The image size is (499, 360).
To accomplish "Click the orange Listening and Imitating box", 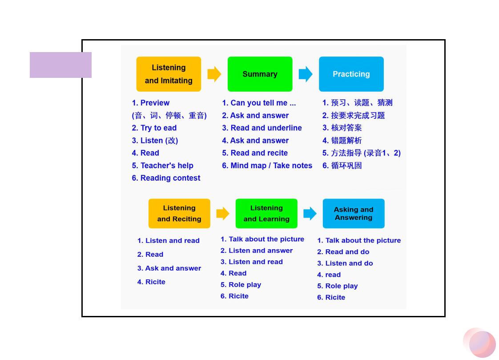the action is [x=169, y=74].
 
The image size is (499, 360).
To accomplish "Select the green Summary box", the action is [x=260, y=74].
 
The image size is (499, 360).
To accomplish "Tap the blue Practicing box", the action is [x=351, y=74].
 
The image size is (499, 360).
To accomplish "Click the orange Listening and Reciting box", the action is [x=179, y=214].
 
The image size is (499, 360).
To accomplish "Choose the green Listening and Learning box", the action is [x=266, y=214].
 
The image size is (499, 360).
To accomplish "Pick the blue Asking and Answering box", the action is [x=354, y=214].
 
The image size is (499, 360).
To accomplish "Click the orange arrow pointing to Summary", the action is [x=214, y=74].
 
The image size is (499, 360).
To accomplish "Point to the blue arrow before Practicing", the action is [x=306, y=74].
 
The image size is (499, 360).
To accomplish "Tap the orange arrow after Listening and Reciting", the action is [x=223, y=214].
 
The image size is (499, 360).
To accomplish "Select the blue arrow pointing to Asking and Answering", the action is [x=310, y=214].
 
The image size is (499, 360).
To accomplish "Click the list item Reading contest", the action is [x=166, y=178].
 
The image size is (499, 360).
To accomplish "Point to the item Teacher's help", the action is [x=163, y=166].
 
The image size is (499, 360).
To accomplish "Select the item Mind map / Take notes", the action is [x=267, y=166].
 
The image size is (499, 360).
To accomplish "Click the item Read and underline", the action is [x=262, y=128].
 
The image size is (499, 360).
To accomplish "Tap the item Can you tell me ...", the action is [x=259, y=103].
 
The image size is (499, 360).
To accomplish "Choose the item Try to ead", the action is [x=154, y=128].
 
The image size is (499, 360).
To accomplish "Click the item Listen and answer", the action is [x=257, y=251].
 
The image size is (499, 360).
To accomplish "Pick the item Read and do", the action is [x=343, y=252].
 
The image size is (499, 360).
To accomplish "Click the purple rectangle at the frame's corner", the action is [x=61, y=65].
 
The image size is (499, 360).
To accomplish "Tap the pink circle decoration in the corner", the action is [x=479, y=343].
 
